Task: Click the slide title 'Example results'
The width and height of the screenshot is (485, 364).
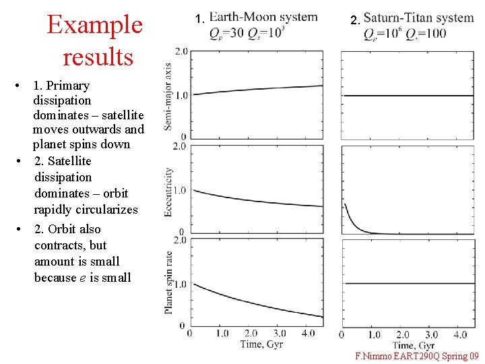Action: [x=94, y=40]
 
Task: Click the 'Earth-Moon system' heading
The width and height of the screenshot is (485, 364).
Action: [x=263, y=17]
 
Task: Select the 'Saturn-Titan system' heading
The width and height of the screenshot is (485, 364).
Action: [x=418, y=18]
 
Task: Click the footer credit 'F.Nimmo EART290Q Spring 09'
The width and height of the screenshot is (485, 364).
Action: [x=416, y=355]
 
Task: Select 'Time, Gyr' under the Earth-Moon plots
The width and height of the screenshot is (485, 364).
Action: [x=261, y=344]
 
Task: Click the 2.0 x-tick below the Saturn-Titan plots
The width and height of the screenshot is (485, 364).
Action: [x=402, y=334]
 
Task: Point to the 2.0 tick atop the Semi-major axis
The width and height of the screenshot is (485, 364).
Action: [x=180, y=52]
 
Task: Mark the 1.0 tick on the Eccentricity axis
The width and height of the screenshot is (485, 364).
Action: [x=180, y=191]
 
